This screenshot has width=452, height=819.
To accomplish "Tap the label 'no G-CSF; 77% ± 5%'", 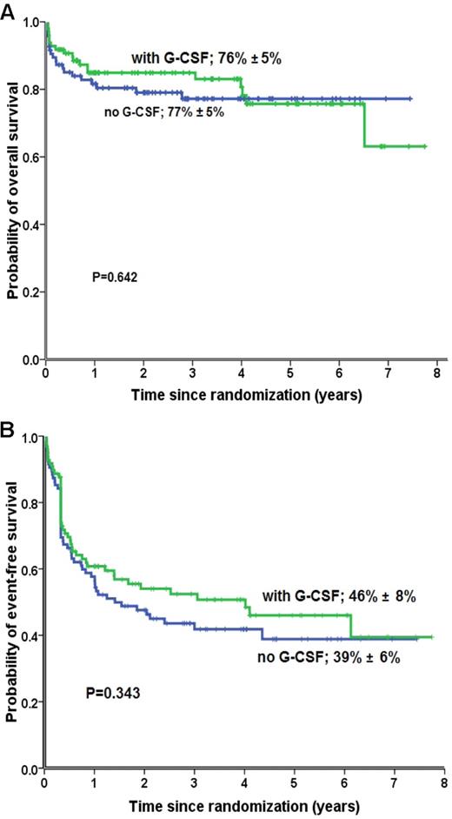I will tap(163, 112).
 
